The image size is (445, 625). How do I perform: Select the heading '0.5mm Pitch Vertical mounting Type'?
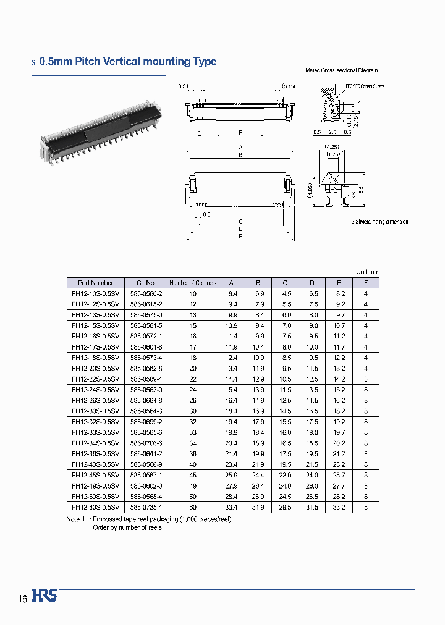point(127,61)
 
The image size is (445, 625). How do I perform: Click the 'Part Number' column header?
point(93,283)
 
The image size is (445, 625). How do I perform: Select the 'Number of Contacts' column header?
point(193,283)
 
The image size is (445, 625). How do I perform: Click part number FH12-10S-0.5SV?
point(93,294)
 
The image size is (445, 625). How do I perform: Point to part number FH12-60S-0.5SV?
point(93,507)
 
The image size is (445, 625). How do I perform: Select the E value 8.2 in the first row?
point(339,294)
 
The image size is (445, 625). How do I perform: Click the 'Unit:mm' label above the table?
point(367,272)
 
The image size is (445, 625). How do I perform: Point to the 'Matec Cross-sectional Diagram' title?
point(341,71)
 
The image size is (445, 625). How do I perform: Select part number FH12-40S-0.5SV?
point(93,464)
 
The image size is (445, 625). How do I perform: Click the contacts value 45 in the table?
point(193,475)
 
